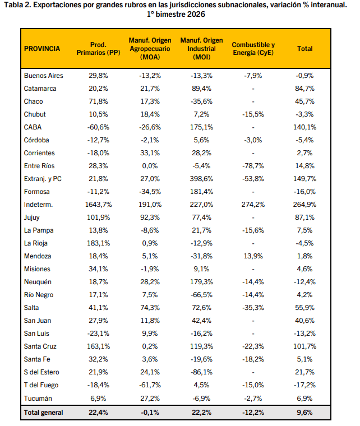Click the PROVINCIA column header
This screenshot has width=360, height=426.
click(x=42, y=49)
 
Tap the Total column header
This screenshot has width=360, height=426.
click(x=305, y=49)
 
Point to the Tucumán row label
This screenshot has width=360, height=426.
click(x=38, y=397)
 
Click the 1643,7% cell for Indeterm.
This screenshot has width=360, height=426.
click(x=98, y=204)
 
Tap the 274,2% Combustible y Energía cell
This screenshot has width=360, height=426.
click(x=253, y=204)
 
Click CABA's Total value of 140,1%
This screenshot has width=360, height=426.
click(x=305, y=127)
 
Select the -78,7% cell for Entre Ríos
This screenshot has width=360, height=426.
click(x=253, y=165)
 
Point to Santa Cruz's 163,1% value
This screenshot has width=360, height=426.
click(x=98, y=346)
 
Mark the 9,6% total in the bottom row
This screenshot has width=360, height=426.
click(x=305, y=413)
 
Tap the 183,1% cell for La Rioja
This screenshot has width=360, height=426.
click(x=98, y=243)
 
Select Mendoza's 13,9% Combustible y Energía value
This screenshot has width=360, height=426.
click(x=253, y=256)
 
